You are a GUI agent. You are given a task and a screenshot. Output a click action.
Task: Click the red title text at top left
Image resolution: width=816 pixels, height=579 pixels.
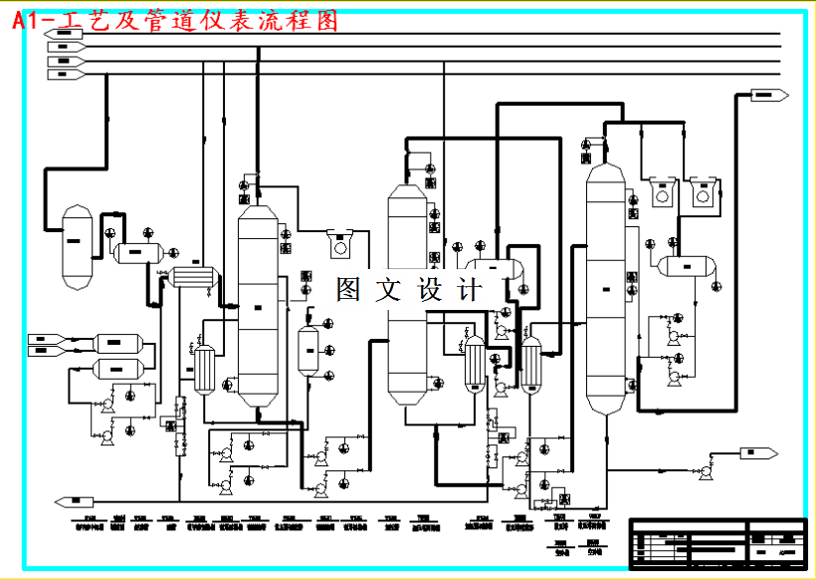(175, 19)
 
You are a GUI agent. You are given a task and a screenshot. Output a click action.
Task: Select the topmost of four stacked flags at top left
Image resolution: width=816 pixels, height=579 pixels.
(64, 34)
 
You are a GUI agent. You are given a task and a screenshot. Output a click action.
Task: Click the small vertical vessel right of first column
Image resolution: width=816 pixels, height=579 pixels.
(308, 349)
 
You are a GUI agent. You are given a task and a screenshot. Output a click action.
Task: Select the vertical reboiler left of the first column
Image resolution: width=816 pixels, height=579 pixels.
(205, 369)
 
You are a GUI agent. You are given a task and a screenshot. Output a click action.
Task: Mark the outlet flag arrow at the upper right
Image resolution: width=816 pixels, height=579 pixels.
(768, 95)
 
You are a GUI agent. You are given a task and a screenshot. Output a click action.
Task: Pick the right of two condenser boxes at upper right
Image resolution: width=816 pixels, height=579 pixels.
(703, 193)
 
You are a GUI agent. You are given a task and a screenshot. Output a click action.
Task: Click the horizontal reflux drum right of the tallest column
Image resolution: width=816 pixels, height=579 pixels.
(687, 265)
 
